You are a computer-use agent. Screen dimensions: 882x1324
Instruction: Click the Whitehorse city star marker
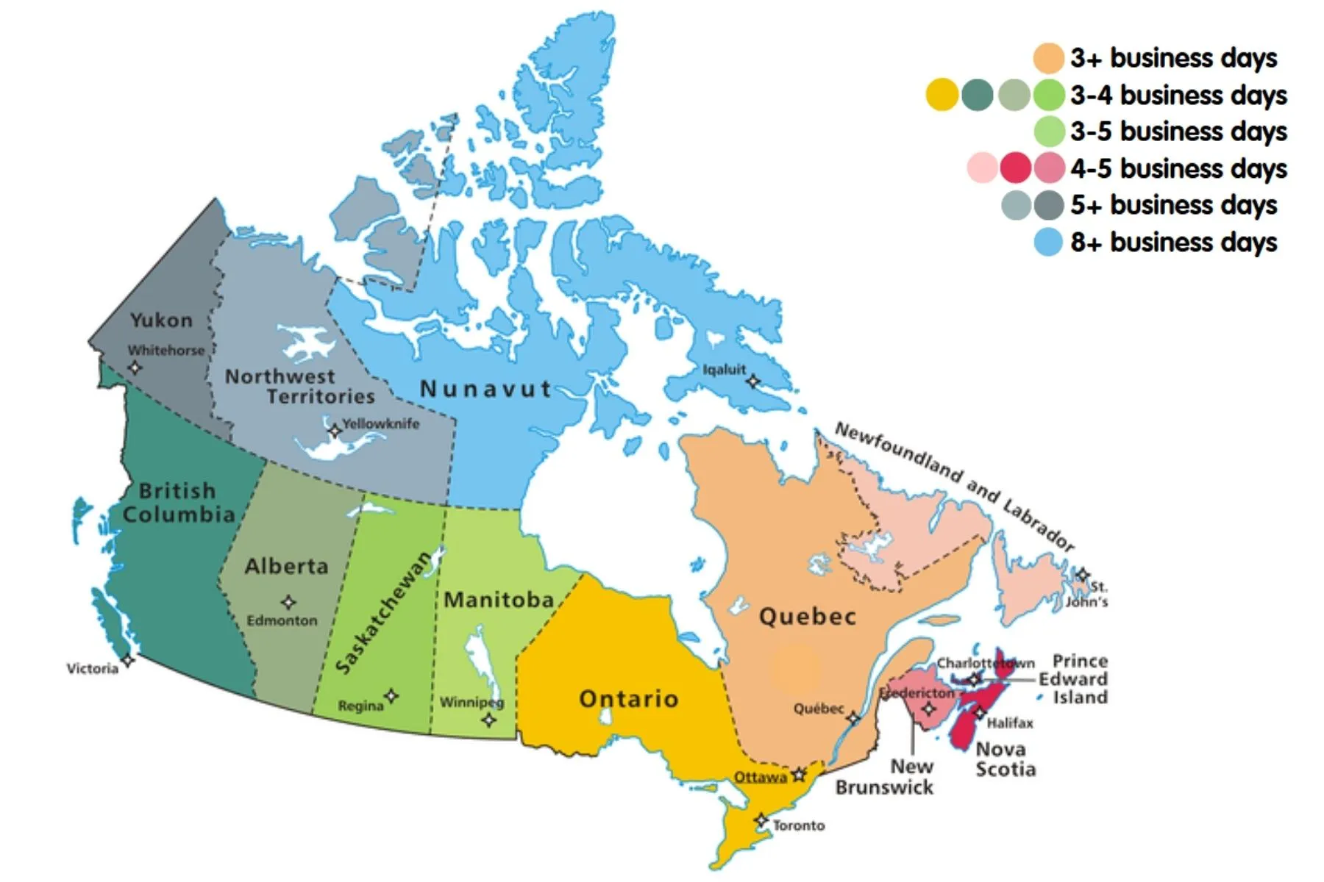click(135, 367)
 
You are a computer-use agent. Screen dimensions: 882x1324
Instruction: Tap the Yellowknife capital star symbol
click(335, 431)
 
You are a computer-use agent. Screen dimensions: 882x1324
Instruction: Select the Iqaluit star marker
click(752, 381)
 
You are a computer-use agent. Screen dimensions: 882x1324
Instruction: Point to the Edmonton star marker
click(288, 603)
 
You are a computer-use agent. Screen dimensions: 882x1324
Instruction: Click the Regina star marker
click(391, 695)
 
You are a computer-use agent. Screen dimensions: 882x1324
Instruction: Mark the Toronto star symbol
click(761, 820)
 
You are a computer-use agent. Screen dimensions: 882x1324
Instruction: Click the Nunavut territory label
click(485, 389)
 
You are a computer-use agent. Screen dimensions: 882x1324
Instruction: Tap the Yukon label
click(161, 320)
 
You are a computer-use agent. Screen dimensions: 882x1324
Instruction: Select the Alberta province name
click(286, 566)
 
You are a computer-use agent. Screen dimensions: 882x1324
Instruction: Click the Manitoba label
click(499, 600)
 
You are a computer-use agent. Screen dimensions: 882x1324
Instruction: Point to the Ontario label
click(629, 698)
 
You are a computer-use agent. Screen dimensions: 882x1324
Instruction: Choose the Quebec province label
click(808, 616)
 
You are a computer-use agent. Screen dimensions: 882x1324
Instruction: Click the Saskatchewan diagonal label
click(383, 612)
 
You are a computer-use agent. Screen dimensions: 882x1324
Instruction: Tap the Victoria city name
click(92, 669)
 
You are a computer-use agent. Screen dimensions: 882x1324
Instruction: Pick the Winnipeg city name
click(471, 702)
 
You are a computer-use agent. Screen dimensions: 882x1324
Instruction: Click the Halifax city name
click(1010, 723)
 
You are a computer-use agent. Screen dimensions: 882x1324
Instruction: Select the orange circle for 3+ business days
click(1048, 58)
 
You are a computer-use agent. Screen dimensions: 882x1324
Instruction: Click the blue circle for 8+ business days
click(1048, 242)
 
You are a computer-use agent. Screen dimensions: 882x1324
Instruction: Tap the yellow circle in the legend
click(942, 95)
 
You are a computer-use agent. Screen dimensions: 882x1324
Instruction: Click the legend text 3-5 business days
click(1178, 132)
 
